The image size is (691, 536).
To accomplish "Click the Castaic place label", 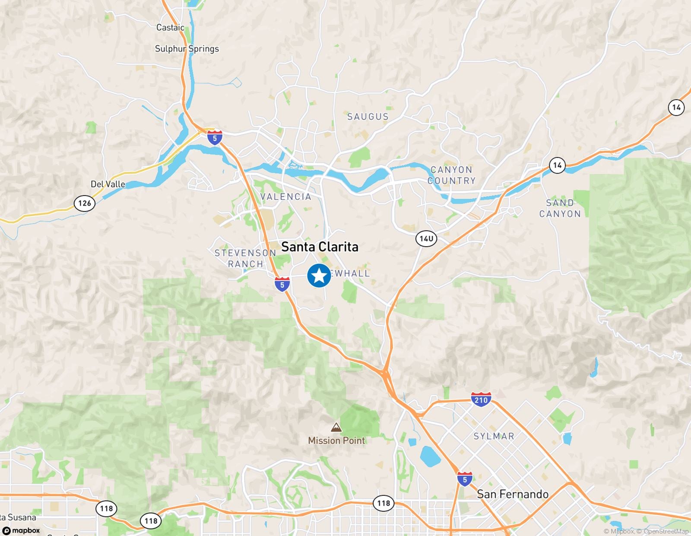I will coord(170,28).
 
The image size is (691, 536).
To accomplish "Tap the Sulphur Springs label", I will coord(187,49).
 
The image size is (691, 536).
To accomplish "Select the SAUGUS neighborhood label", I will coord(368,117).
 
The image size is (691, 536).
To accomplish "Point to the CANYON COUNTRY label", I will coord(451,175).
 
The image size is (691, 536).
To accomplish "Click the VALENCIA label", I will coord(286,197).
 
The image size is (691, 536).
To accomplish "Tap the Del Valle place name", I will coord(108,184).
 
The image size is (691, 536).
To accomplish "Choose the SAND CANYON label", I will coord(560,208).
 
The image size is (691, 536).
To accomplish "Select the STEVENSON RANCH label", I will coord(245,258).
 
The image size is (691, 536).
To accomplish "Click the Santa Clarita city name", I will coord(320,247).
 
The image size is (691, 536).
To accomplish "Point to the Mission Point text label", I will coord(336,441).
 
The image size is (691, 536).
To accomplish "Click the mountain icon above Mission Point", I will coord(336,428).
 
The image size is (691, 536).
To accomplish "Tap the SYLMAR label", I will coord(494,436).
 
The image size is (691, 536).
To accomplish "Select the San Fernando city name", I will coord(513,494).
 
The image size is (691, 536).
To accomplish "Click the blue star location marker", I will coord(319,276).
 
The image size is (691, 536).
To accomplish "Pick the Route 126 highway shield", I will coord(84,203).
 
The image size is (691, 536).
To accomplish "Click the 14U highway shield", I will coord(426,238).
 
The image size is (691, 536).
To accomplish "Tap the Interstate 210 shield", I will coord(481,400).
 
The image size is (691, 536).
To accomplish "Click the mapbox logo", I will coord(22,530).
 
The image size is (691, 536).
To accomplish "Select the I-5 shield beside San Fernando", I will coord(465,479).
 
